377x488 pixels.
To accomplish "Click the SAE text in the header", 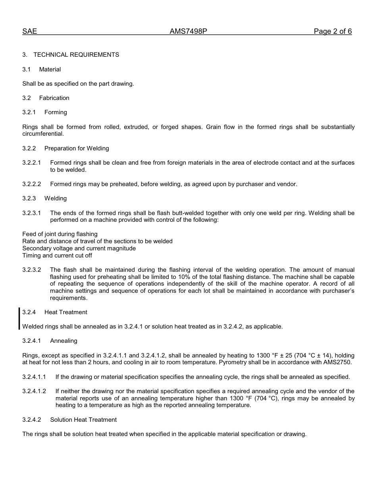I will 29,32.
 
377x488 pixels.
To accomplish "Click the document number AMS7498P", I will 188,32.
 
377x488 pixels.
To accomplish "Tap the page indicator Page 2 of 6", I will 333,32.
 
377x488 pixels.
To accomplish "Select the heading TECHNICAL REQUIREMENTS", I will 76,55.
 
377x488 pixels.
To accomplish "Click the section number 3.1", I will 27,69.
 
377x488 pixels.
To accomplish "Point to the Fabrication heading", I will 54,98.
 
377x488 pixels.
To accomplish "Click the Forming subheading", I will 56,112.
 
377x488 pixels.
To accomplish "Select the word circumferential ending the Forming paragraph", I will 43,134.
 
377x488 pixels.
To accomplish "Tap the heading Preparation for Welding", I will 77,148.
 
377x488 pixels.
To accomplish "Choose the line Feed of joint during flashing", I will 60,234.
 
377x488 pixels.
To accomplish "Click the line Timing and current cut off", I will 57,256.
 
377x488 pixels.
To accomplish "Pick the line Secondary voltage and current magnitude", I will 79,248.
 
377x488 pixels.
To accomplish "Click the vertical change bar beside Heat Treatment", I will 19,319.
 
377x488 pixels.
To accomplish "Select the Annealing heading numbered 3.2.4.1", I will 63,341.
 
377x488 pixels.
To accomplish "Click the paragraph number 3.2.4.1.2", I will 34,391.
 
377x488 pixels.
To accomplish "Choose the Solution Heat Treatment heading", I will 83,420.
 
